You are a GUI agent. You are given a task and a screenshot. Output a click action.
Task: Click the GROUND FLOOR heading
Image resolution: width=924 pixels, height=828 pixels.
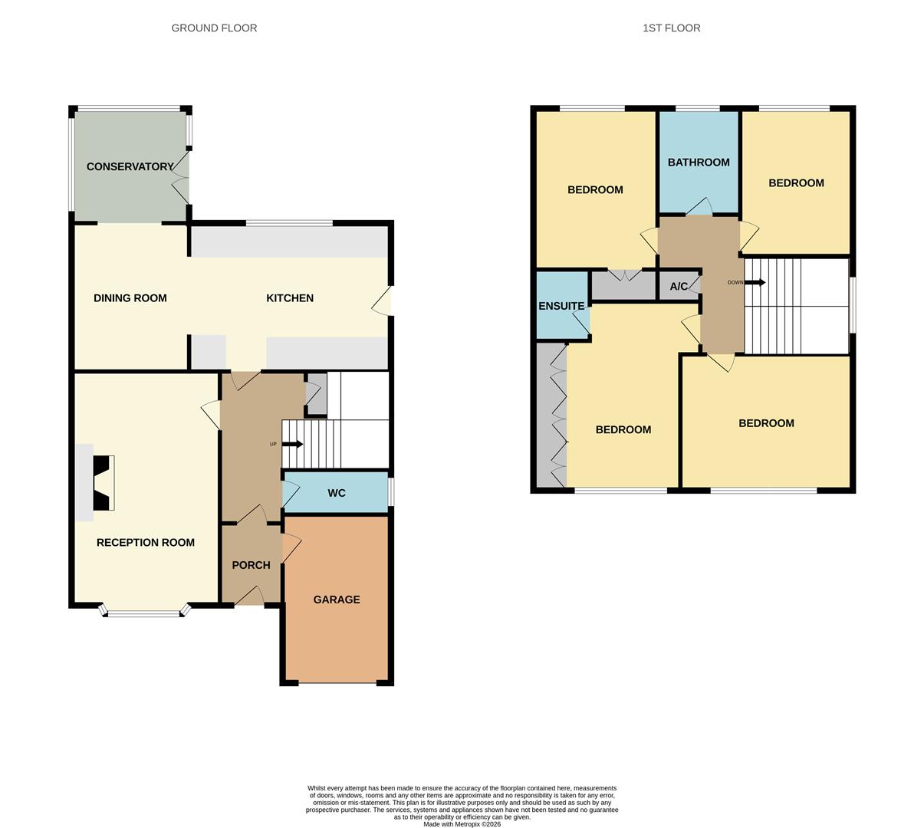coord(214,28)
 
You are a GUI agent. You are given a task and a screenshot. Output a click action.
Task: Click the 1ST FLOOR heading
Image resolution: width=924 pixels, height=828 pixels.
coord(671,28)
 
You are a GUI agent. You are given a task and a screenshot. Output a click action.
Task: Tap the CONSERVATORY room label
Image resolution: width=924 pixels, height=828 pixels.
coord(130,166)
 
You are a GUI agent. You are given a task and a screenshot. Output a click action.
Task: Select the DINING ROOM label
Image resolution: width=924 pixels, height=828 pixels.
coord(130,298)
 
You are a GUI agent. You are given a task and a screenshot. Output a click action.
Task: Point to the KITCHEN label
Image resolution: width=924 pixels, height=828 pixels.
coord(289,298)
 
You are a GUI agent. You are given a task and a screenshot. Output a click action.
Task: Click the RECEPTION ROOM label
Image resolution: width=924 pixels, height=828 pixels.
coord(145,543)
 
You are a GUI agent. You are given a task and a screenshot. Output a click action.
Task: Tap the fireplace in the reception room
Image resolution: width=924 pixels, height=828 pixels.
coord(104,483)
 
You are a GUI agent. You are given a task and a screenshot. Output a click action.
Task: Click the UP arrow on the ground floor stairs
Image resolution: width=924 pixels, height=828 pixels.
coord(292,444)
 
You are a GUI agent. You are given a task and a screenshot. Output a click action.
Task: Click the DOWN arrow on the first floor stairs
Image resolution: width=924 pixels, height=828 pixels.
coord(755,282)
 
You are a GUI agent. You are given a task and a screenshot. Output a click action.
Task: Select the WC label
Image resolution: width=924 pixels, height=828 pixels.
coord(336,493)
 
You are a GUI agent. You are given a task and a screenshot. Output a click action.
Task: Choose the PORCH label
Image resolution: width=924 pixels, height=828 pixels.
coord(251,565)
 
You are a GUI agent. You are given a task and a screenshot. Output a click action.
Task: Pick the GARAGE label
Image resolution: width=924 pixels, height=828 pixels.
coord(336,600)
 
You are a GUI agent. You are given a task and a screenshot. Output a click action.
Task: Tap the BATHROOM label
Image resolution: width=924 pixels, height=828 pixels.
coord(698,163)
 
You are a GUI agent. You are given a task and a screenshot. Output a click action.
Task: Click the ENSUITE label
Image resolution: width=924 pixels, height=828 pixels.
coord(561,306)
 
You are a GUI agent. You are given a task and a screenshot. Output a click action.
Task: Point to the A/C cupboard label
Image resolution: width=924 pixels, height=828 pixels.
coord(679,287)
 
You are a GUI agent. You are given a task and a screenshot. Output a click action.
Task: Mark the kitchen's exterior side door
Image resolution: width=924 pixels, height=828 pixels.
coord(383,301)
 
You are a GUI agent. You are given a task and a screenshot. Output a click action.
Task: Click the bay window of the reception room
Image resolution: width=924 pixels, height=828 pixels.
coord(143,613)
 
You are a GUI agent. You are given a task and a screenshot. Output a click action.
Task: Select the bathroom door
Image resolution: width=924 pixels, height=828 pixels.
coord(699,207)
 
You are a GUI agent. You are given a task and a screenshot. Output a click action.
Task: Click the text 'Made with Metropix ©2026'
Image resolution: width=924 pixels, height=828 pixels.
coord(462,824)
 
